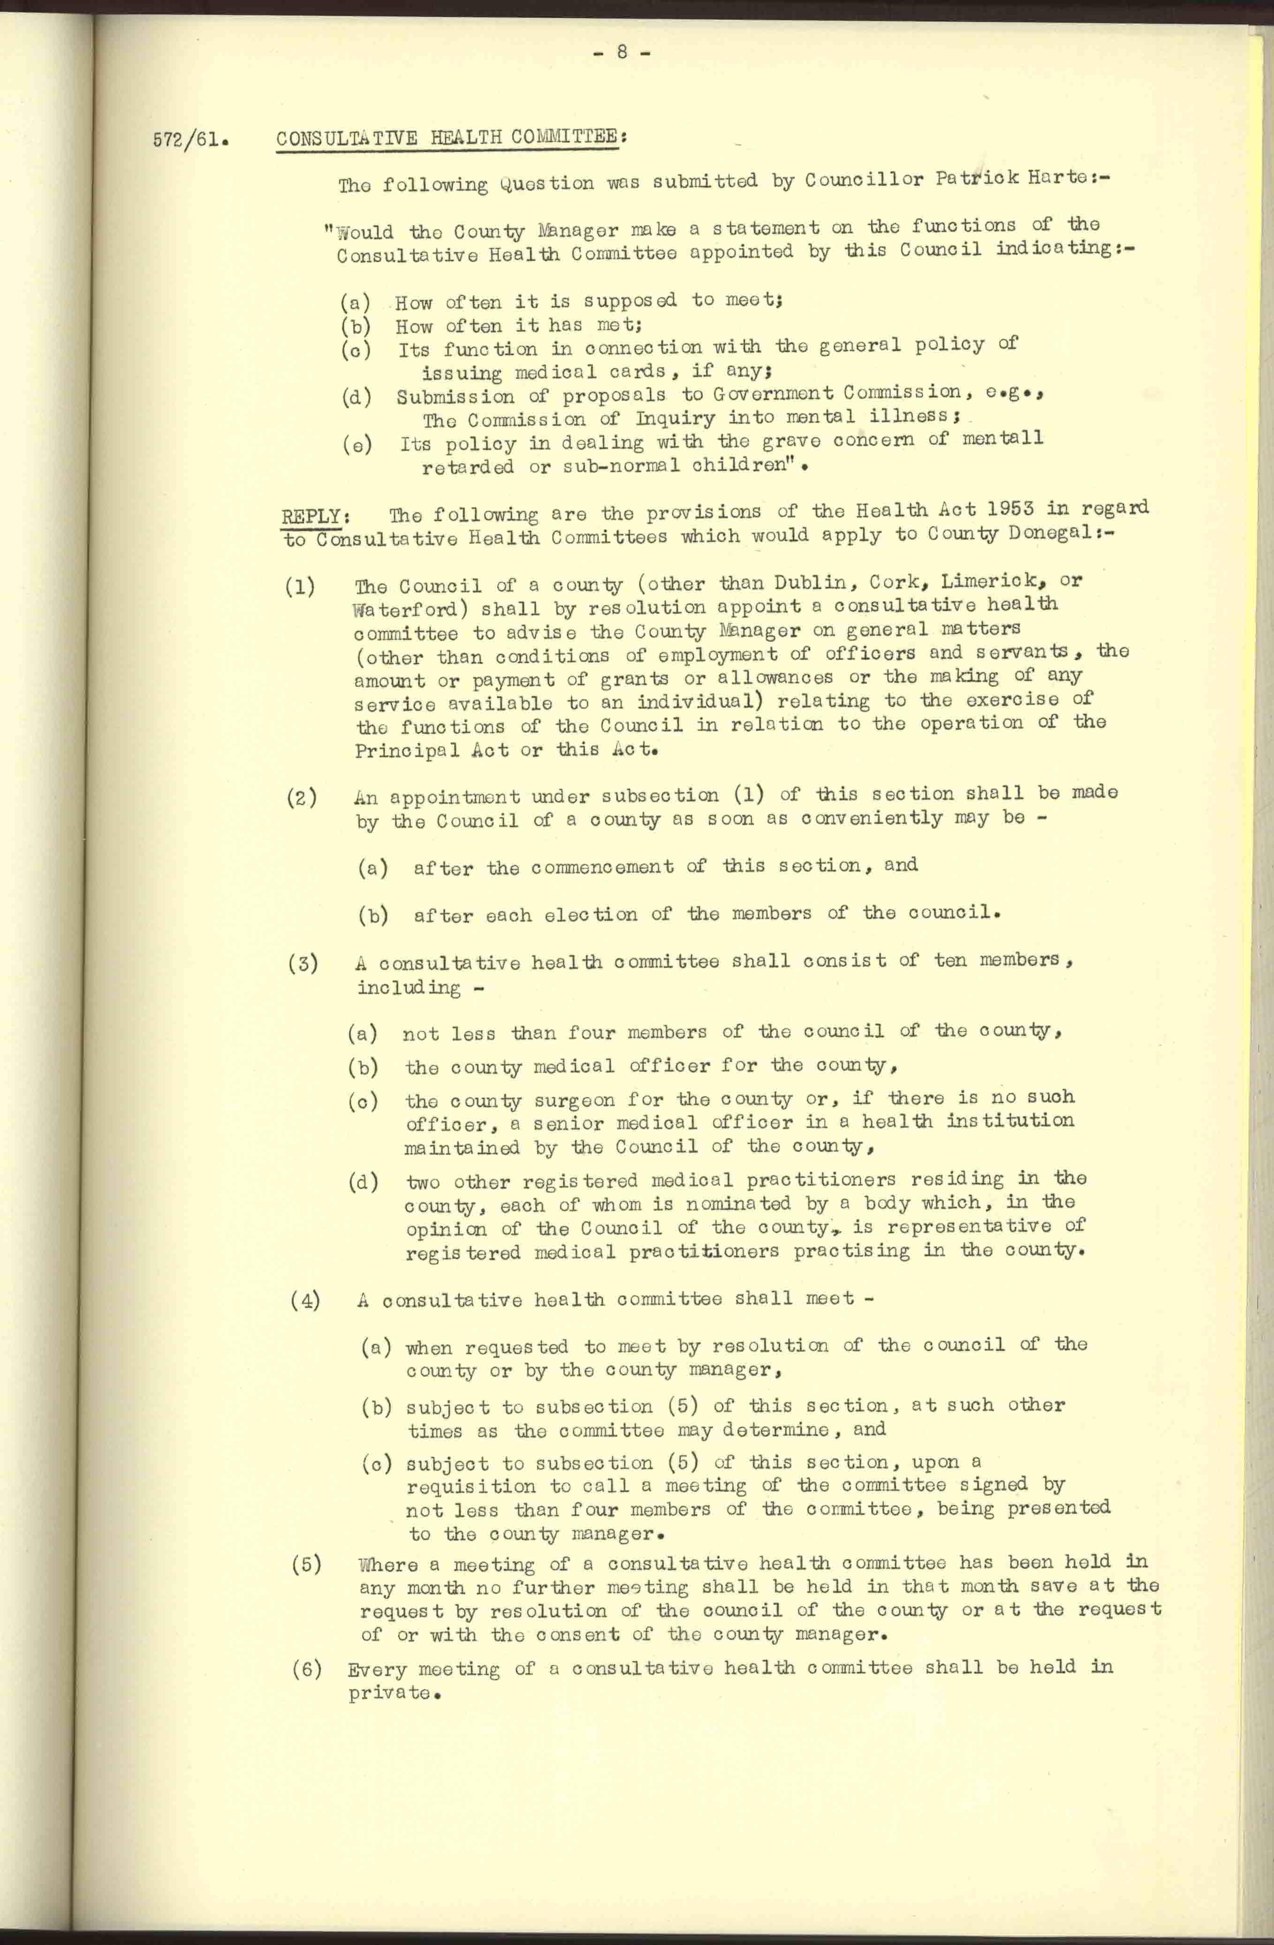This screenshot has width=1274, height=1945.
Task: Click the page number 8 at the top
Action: click(x=621, y=52)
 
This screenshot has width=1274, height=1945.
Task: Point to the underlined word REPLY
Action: click(x=311, y=517)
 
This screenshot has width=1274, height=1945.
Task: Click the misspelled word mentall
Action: click(x=1003, y=438)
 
